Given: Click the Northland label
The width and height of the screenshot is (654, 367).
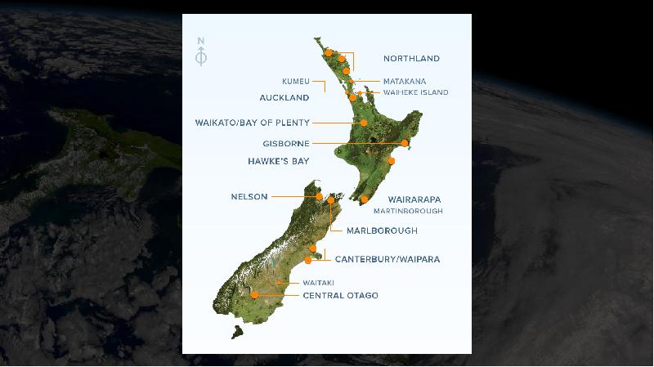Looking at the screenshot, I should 411,59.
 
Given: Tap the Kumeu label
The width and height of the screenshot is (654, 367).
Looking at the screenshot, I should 295,82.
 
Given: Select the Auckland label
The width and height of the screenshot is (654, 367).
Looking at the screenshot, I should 284,98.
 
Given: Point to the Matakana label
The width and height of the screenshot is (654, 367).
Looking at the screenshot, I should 404,82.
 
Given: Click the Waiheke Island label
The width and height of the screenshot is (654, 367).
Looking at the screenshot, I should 415,93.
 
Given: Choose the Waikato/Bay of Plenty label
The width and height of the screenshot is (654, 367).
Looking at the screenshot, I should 252,123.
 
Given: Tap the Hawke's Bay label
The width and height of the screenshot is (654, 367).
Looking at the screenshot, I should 279,162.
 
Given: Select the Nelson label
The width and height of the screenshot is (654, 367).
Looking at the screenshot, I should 249,197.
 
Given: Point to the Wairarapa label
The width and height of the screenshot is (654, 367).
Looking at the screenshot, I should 414,199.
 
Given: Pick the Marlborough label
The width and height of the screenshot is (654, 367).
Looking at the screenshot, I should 382,231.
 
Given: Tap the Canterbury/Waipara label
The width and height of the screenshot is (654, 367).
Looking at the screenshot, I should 387,259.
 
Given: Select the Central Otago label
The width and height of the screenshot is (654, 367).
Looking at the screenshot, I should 340,295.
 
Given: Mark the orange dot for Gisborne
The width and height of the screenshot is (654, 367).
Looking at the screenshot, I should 405,143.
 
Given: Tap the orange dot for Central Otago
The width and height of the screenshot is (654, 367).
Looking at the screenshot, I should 255,294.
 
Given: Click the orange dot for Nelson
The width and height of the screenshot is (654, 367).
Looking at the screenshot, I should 319,196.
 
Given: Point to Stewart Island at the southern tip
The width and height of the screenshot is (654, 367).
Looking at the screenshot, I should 237,333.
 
